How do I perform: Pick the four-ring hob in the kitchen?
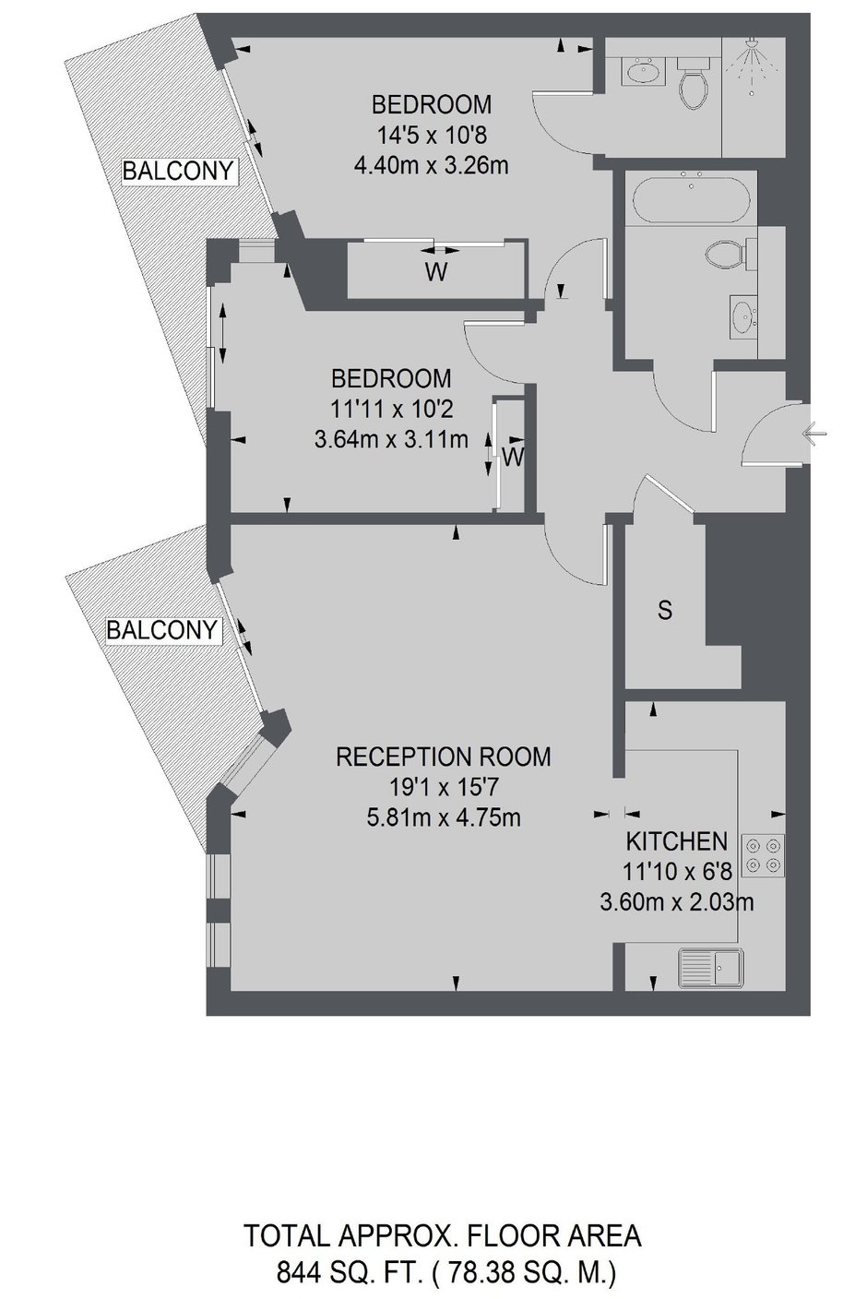(763, 855)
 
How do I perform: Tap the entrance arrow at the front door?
(814, 433)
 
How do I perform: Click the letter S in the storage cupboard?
(665, 610)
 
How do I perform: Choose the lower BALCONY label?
(161, 630)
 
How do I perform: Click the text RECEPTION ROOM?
(444, 757)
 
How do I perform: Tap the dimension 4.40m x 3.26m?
(431, 166)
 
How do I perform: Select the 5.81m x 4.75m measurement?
(444, 817)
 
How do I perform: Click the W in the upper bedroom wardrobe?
(436, 272)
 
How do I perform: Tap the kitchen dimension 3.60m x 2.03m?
(677, 901)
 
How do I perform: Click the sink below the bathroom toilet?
(743, 316)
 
